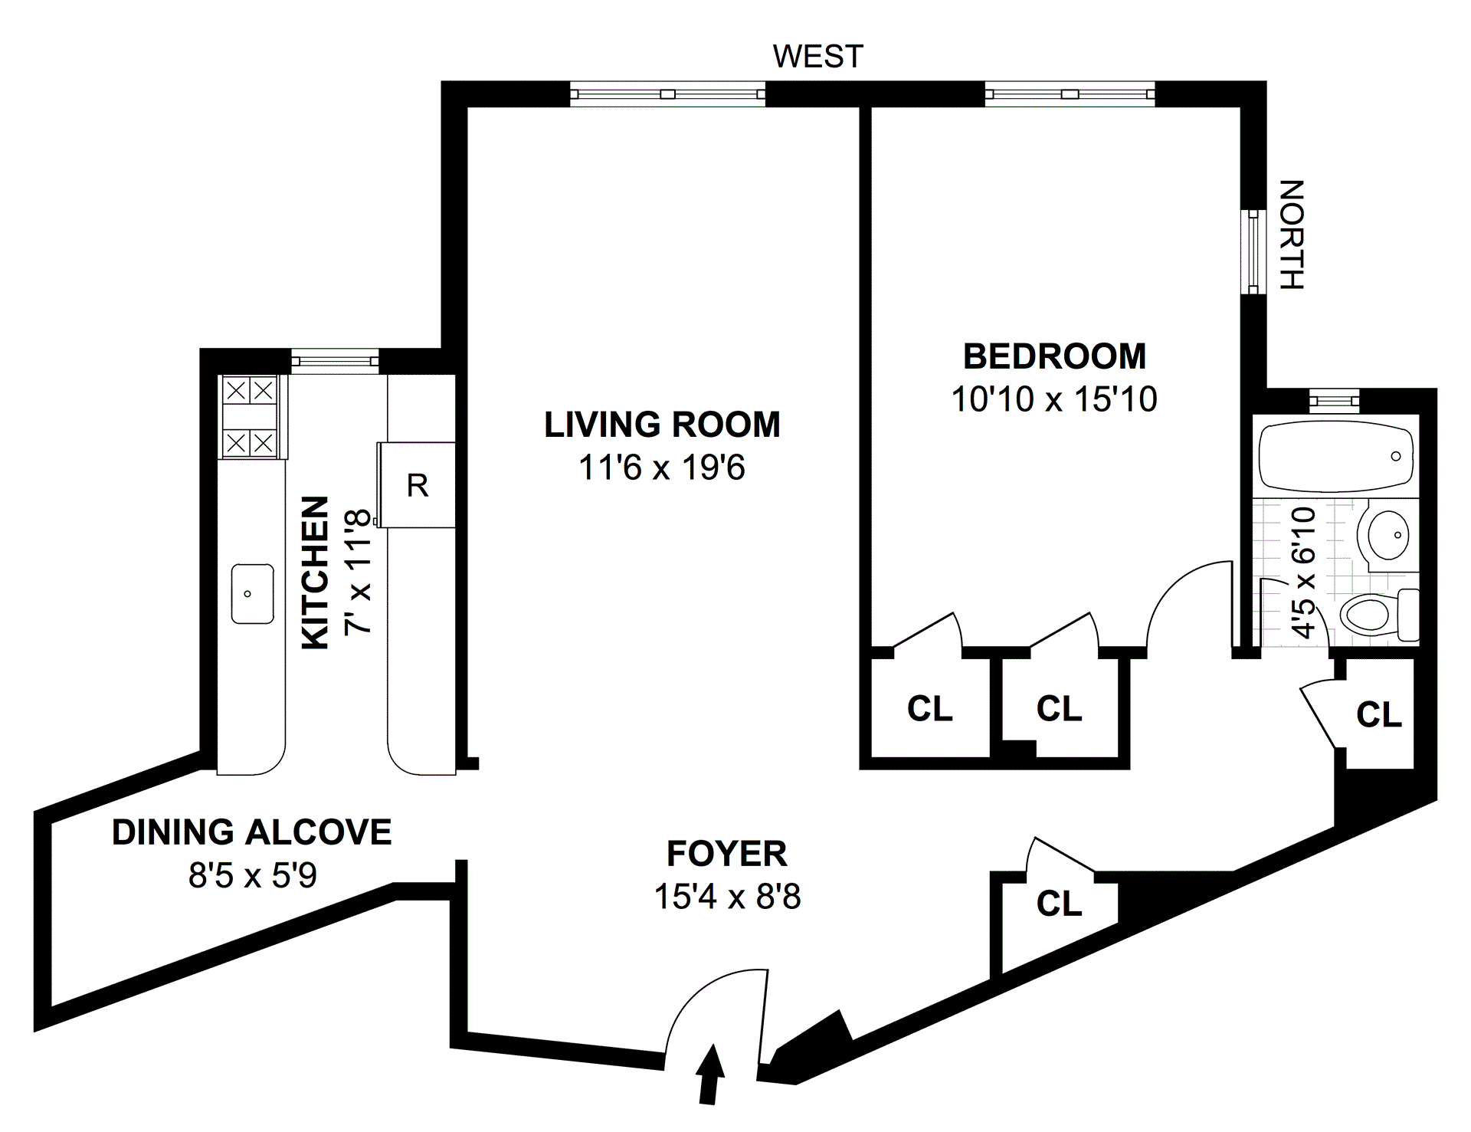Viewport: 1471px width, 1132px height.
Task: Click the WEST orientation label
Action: point(817,56)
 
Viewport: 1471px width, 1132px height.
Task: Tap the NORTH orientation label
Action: point(1292,235)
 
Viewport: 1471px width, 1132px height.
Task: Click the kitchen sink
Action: point(253,594)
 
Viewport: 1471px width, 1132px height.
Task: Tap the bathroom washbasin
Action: point(1387,534)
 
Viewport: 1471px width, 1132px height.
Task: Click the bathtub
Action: point(1336,455)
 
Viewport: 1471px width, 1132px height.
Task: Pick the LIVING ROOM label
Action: point(662,424)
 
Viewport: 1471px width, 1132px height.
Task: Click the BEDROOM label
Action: point(1054,356)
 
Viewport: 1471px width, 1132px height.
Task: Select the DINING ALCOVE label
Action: point(252,832)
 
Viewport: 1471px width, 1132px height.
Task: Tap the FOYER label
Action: point(726,853)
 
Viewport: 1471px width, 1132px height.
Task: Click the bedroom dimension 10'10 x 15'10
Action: point(1054,399)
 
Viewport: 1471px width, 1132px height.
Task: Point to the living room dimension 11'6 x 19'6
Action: point(662,468)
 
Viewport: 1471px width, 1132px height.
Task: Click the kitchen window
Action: point(335,359)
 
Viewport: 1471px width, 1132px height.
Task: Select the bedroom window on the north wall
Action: point(1253,251)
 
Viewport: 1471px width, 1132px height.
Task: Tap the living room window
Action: point(668,94)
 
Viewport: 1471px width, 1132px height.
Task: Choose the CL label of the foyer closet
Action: point(1059,904)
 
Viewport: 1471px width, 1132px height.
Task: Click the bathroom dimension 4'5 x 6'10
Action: point(1303,572)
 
